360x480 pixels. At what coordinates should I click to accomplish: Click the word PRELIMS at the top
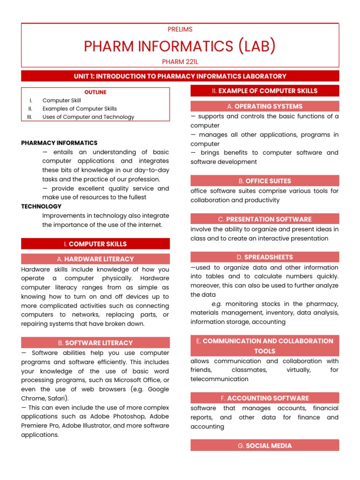[x=180, y=30]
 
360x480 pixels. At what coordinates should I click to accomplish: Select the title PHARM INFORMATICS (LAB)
[x=180, y=46]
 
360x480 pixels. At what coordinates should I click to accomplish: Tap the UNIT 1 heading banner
[x=180, y=76]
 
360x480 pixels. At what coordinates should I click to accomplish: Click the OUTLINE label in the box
[x=95, y=92]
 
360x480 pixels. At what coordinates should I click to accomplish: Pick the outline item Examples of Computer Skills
[x=80, y=109]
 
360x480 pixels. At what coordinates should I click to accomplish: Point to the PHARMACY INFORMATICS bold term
[x=59, y=143]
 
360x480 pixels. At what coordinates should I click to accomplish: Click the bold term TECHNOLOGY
[x=41, y=206]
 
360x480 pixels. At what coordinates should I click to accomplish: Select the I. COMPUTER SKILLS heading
[x=95, y=244]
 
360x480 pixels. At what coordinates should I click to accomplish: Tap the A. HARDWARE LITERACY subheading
[x=95, y=259]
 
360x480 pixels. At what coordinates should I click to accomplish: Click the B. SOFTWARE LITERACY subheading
[x=95, y=343]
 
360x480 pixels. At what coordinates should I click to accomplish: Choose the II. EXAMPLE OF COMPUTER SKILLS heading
[x=264, y=91]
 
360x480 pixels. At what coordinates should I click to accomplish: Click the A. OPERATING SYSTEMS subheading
[x=264, y=106]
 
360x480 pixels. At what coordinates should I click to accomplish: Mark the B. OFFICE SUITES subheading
[x=264, y=181]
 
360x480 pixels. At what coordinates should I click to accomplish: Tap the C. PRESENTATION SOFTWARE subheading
[x=264, y=219]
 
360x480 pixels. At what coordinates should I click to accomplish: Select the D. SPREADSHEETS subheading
[x=264, y=257]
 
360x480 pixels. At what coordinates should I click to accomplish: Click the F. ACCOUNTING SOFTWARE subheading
[x=264, y=398]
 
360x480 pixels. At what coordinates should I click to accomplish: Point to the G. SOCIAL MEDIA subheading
[x=264, y=445]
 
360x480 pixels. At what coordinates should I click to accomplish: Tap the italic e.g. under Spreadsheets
[x=217, y=304]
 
